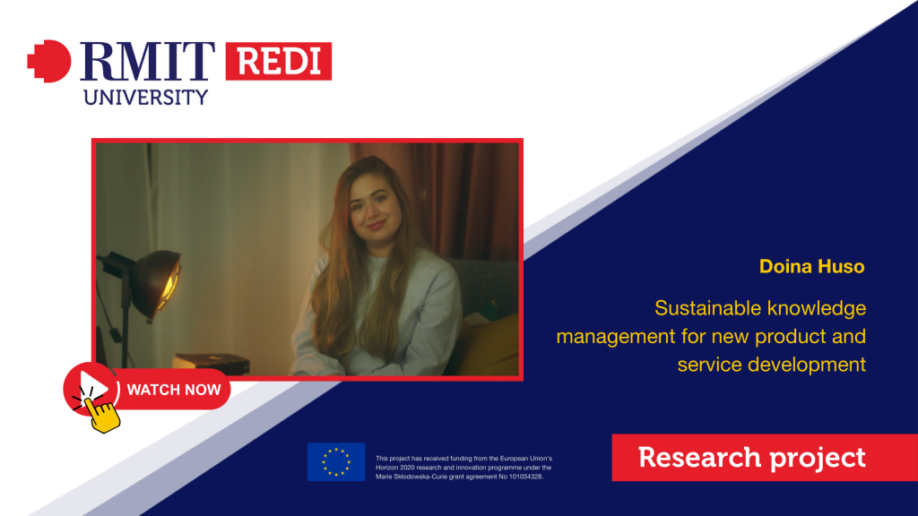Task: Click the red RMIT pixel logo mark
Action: click(49, 61)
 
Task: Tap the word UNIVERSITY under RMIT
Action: click(146, 97)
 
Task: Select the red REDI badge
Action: click(279, 61)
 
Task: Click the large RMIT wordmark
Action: click(147, 61)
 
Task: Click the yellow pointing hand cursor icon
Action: click(102, 414)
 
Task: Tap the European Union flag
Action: click(336, 461)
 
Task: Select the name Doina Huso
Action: click(811, 266)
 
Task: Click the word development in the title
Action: click(808, 365)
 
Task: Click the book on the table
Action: click(211, 363)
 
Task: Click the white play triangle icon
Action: click(93, 387)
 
